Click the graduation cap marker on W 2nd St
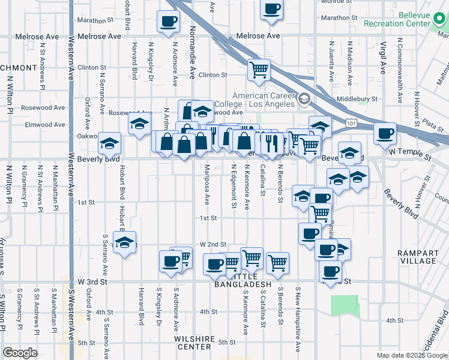coord(124,242)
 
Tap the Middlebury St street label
coord(357,98)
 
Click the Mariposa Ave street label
coord(207,184)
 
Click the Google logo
coord(20,353)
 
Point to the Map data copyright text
coord(412,355)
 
